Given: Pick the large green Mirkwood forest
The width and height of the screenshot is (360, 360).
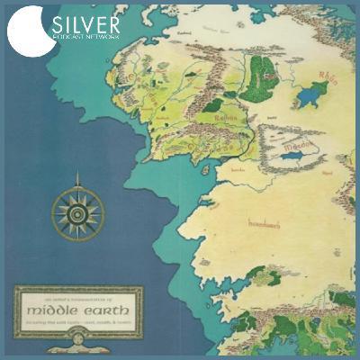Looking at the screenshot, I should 260,72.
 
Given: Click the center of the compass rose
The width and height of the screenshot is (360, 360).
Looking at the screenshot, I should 78,212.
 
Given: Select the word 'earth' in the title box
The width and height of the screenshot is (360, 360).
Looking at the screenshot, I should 107,309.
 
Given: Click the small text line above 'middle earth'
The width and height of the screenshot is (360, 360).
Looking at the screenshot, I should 78,296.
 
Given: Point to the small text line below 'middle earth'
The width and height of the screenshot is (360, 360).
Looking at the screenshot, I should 78,321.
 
